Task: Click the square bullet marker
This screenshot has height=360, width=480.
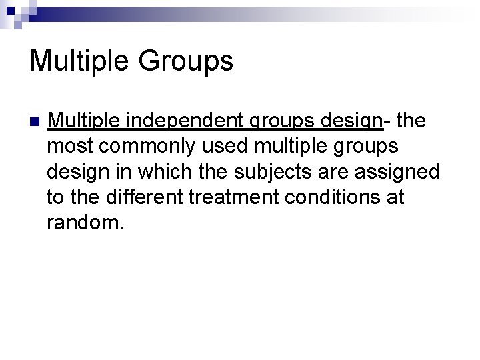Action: [x=35, y=123]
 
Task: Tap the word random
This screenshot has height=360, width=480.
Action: [x=85, y=223]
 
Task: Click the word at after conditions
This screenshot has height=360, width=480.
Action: [x=396, y=197]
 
